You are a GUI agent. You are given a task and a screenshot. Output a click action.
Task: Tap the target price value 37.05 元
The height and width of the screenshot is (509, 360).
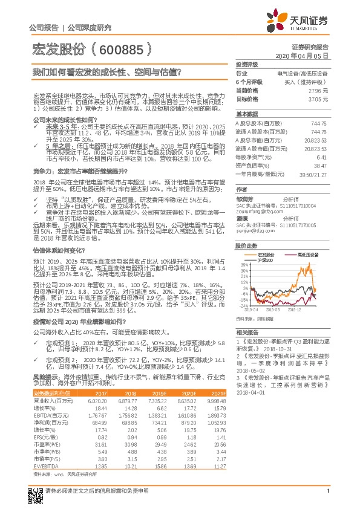click(x=319, y=99)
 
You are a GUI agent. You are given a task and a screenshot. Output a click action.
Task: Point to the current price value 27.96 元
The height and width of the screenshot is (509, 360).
click(x=319, y=89)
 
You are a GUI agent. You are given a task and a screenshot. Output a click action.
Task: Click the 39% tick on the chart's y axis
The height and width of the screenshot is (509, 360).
click(x=244, y=265)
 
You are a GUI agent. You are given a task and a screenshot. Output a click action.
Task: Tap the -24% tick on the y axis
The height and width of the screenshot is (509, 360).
click(x=244, y=306)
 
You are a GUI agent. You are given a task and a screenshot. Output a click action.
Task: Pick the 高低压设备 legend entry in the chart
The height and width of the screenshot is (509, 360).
click(x=310, y=255)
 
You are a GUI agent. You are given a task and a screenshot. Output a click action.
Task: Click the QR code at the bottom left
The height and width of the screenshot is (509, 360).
click(x=34, y=493)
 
